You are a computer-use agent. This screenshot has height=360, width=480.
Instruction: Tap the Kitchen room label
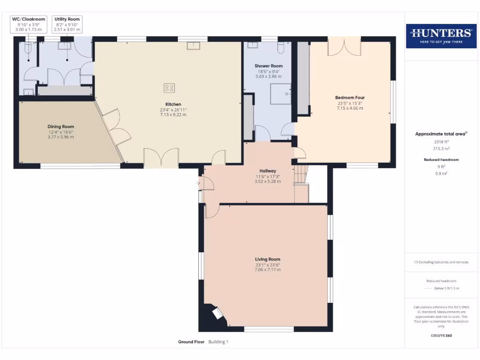[x=173, y=104]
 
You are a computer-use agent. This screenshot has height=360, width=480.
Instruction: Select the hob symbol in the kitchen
[x=169, y=88]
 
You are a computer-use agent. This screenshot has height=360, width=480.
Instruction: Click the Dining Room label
[x=61, y=127]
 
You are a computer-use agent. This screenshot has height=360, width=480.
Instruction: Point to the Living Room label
[x=268, y=259]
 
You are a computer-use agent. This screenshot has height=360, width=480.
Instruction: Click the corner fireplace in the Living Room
[x=218, y=314]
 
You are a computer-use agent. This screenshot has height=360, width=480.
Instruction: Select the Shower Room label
[x=269, y=66]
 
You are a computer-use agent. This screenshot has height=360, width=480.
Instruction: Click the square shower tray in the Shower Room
[x=281, y=93]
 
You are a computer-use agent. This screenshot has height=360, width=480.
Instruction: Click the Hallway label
[x=268, y=171]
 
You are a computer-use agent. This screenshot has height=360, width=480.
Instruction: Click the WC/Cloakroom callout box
[x=29, y=24]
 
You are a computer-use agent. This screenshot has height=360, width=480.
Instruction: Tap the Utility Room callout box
[x=67, y=24]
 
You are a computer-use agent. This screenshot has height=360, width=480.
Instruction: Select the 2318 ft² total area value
[x=441, y=141]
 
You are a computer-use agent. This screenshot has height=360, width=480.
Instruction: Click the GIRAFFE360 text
[x=441, y=336]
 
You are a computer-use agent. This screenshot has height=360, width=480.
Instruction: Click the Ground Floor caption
[x=191, y=342]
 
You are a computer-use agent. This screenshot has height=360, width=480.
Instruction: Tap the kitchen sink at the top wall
[x=193, y=45]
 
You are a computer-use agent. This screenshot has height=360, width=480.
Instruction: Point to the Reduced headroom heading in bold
[x=441, y=160]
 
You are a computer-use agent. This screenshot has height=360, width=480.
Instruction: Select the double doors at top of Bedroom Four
[x=344, y=47]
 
